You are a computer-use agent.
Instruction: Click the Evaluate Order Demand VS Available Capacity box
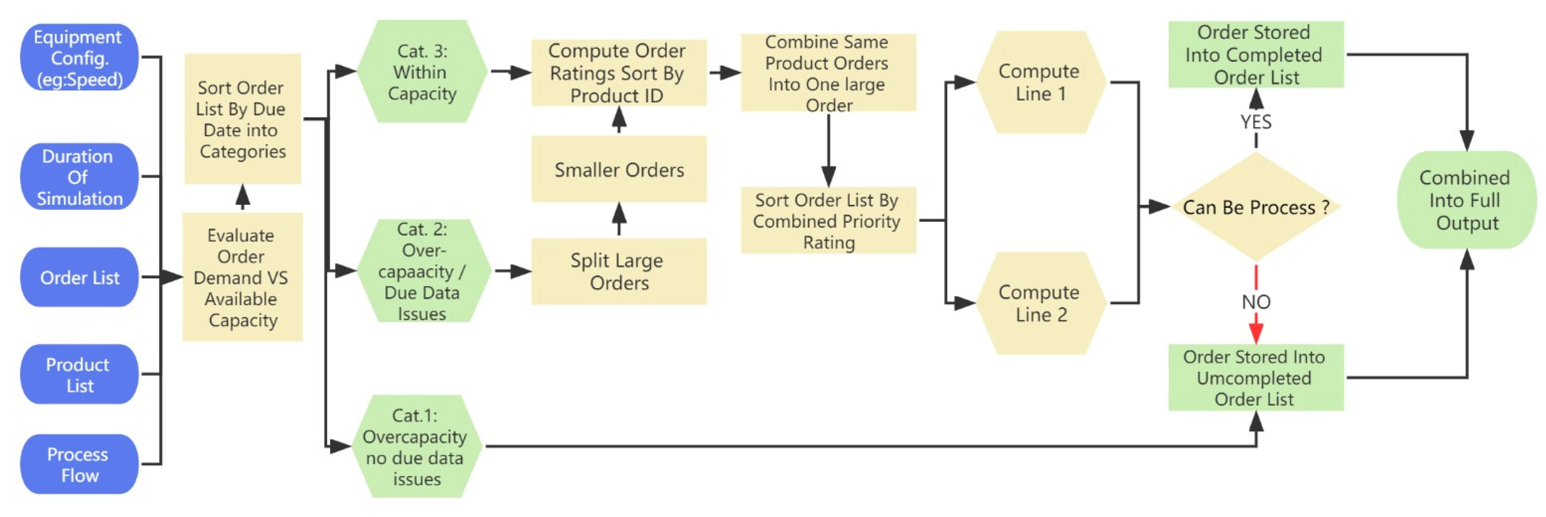tap(242, 277)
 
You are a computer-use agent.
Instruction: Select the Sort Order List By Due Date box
tap(242, 119)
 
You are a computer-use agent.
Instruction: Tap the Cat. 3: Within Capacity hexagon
tap(422, 72)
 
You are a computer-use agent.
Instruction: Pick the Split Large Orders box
tap(618, 271)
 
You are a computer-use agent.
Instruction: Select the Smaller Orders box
tap(618, 170)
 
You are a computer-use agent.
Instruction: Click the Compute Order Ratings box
tap(618, 73)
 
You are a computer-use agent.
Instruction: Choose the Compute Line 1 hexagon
tap(1040, 82)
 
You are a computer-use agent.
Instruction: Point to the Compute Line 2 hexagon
tap(1040, 303)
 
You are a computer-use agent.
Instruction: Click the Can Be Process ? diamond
tap(1255, 207)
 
